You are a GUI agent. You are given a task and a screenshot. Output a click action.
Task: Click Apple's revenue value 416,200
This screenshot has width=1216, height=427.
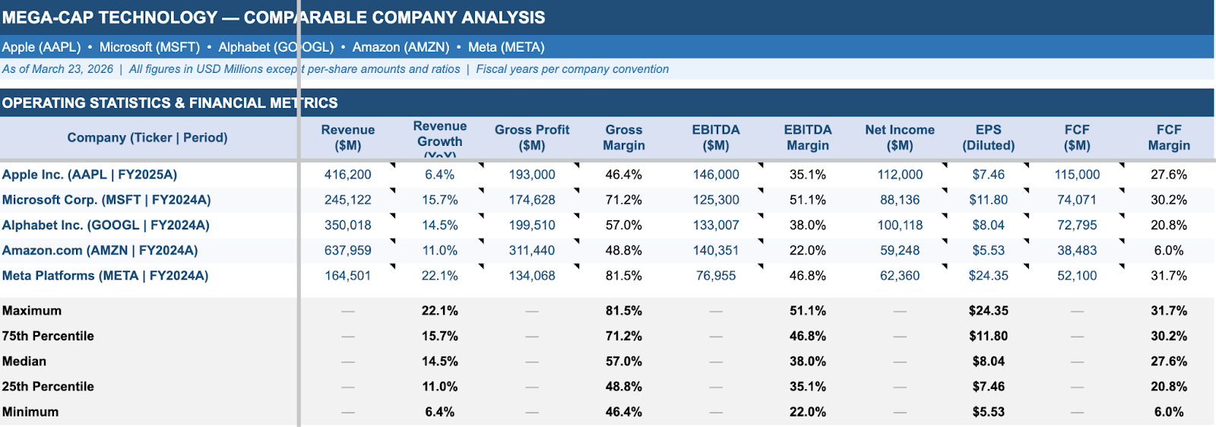click(347, 175)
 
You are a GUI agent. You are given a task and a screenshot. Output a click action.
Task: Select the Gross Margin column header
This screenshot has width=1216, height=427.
click(623, 138)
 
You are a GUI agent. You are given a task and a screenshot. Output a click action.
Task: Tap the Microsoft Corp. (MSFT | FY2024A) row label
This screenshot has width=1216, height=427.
click(106, 200)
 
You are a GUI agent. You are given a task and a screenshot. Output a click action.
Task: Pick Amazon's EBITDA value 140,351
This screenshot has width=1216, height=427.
click(715, 251)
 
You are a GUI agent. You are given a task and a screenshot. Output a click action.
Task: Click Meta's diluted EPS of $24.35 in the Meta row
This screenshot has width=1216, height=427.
click(988, 276)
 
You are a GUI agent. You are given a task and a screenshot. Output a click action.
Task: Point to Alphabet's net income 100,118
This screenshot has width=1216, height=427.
click(899, 226)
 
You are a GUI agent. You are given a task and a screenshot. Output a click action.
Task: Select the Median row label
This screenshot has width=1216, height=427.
click(24, 362)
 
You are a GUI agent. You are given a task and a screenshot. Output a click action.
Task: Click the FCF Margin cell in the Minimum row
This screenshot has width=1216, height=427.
click(1168, 412)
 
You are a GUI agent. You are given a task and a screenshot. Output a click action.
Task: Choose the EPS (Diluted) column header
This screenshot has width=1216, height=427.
click(988, 138)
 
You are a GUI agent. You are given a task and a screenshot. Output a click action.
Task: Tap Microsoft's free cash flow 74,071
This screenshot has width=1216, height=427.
click(1076, 200)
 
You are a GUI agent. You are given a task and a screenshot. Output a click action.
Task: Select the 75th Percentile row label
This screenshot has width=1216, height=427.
click(48, 336)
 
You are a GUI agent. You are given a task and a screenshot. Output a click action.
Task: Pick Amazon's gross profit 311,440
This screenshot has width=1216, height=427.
click(531, 251)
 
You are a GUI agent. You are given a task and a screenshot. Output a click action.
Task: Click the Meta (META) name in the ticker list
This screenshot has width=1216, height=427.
click(506, 47)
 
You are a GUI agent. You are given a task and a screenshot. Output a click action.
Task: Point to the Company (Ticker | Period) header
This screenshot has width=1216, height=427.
click(147, 138)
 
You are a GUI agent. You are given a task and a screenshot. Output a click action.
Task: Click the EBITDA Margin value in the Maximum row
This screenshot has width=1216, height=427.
click(807, 311)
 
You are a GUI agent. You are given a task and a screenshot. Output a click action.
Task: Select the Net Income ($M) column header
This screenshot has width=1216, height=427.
click(899, 138)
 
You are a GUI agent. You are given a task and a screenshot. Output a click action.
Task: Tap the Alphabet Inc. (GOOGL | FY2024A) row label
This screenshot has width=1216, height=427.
click(106, 226)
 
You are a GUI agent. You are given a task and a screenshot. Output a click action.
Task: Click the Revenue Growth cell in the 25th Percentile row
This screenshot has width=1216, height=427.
click(439, 387)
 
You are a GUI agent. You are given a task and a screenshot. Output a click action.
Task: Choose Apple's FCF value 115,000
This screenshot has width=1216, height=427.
click(1076, 175)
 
